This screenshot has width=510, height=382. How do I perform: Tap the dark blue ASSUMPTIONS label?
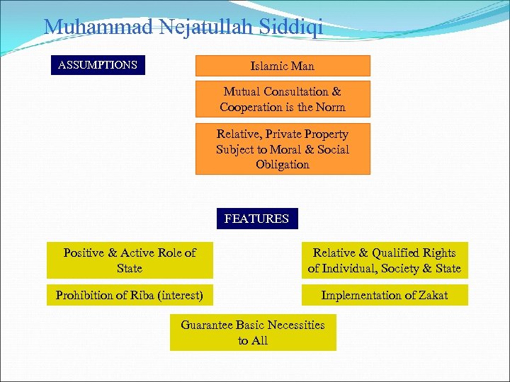click(x=98, y=65)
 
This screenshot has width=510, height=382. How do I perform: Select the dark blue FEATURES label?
click(x=256, y=219)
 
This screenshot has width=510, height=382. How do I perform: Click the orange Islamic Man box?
click(x=283, y=66)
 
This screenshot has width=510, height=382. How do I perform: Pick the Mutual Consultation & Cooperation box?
click(x=283, y=99)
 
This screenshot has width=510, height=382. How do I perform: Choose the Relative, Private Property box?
click(x=283, y=149)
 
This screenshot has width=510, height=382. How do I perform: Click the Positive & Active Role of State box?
click(x=130, y=260)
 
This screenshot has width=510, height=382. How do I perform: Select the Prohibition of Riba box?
click(x=130, y=295)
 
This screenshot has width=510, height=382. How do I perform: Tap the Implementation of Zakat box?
click(x=385, y=295)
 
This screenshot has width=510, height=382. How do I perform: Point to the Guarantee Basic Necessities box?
click(x=253, y=332)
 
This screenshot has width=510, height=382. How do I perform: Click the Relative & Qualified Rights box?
click(x=385, y=260)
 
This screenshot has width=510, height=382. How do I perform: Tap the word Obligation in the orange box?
click(x=283, y=164)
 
